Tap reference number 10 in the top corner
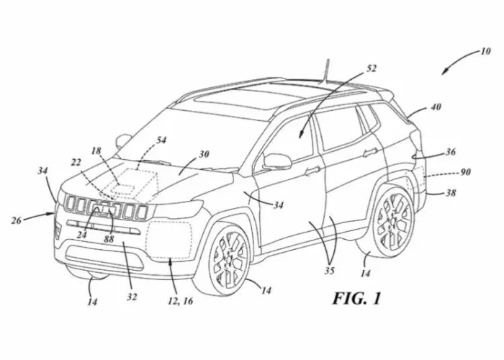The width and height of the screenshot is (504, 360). pos(485,52)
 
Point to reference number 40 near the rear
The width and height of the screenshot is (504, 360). pos(436,107)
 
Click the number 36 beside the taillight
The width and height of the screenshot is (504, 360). pos(451,153)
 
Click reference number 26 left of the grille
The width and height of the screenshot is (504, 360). pos(16,220)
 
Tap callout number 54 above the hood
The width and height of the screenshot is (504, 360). pos(161,140)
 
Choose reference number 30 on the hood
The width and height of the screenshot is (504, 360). pos(204,154)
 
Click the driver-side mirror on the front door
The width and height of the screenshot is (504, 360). pos(276,161)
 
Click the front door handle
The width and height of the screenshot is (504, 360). pos(313,171)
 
